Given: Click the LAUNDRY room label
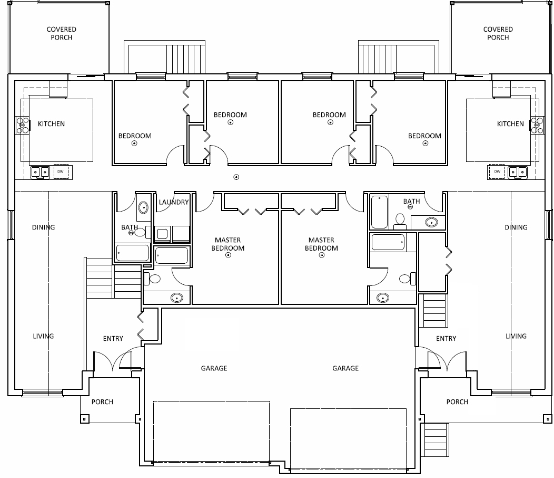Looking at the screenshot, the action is point(173,202).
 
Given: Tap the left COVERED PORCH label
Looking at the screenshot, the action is point(62,33).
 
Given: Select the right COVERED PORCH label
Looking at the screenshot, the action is point(498,33).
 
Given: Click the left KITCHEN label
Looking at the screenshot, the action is point(51,124).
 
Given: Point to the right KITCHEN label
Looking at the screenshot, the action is point(510,124).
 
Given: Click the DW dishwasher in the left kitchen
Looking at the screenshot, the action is point(61,171).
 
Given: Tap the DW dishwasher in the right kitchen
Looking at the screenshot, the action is point(497,171).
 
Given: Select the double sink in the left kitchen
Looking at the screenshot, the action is point(40,173).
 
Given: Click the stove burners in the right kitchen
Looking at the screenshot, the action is point(537,126).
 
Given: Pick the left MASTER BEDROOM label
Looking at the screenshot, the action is point(228,244).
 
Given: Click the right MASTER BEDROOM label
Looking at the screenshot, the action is point(322,244).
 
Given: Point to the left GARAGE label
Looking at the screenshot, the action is point(214,368).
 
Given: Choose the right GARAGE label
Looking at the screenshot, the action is point(345,368).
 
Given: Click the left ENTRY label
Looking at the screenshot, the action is point(113,339).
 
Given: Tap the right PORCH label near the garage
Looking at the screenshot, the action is point(457,402).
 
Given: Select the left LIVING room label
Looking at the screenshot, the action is point(44,336).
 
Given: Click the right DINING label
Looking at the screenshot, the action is point(516,227).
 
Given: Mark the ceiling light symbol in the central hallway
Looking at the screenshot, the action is point(236,177).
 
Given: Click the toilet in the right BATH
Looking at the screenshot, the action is point(400,219).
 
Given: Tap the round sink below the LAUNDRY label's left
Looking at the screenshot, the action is point(143,207).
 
